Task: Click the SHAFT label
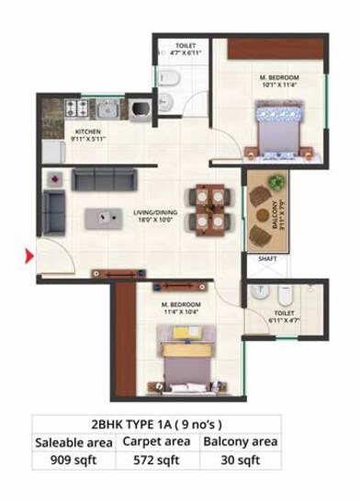(x=267, y=259)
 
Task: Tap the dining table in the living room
(x=205, y=209)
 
